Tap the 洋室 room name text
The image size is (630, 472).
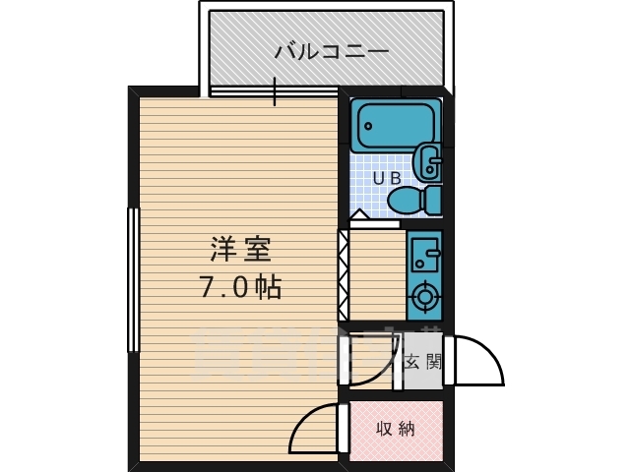(x=238, y=250)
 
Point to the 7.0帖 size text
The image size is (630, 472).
(x=242, y=287)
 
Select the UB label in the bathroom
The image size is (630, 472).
(x=385, y=178)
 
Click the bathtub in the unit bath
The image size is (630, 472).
(x=393, y=125)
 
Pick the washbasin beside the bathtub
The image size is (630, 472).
(x=430, y=160)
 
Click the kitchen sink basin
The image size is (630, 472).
(x=425, y=254)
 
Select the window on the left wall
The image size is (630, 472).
(x=132, y=279)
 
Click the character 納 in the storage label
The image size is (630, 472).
(x=407, y=429)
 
